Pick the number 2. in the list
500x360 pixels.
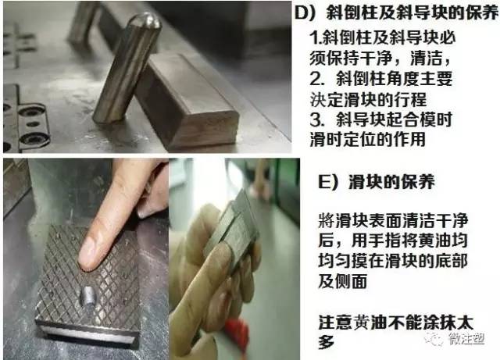click(316, 80)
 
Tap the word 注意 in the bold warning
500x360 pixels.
click(334, 323)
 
